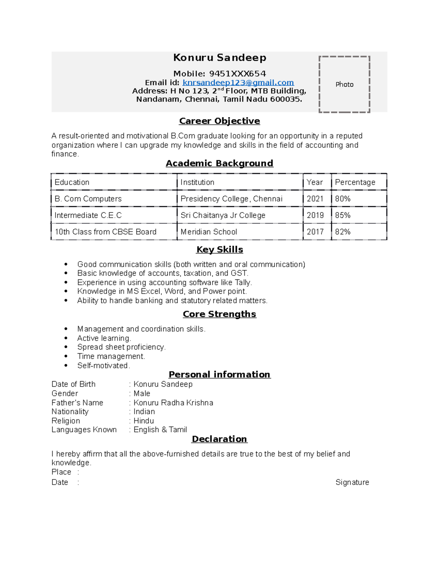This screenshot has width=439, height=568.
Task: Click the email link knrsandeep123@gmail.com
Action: point(238,83)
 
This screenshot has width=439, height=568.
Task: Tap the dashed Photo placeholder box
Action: point(344,84)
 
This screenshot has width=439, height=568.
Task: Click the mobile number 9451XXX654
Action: point(237,74)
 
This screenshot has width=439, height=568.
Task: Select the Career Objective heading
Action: point(219,121)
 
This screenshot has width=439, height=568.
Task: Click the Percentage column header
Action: point(355,182)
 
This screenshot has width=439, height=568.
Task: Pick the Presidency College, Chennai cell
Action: point(232,199)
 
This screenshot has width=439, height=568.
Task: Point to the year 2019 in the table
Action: point(315,215)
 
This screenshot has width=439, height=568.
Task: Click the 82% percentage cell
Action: point(343,232)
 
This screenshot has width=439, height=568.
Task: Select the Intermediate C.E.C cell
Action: point(88,215)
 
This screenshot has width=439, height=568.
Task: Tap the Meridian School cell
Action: point(209,232)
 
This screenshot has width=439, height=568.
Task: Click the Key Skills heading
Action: point(219,249)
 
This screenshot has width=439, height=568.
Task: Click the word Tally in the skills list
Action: point(243,282)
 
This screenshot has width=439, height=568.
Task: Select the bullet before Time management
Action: point(66,356)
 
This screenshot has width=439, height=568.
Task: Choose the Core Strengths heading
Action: point(219,314)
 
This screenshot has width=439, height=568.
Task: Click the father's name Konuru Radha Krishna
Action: point(173,403)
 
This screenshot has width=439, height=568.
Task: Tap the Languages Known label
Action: point(84,429)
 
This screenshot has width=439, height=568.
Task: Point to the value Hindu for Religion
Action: point(144,421)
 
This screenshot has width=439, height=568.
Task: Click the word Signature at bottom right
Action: point(352,482)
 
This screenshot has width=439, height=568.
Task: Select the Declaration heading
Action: point(219,439)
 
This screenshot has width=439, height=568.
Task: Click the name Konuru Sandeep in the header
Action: point(219,58)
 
